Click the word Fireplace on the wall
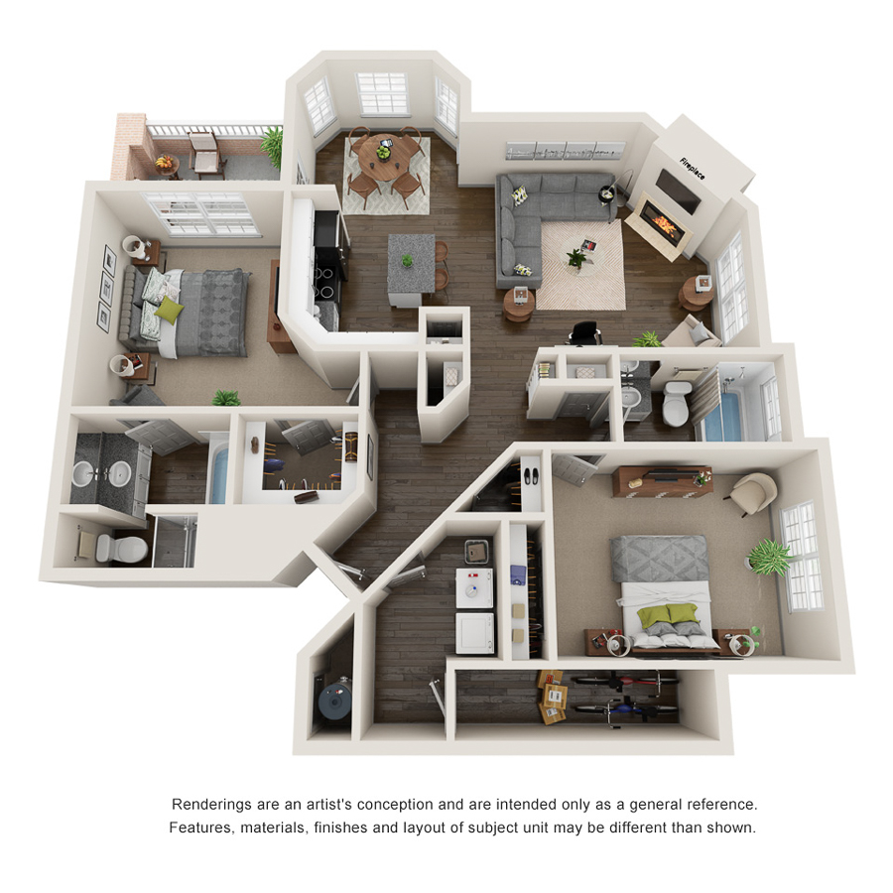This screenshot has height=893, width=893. click(x=692, y=169)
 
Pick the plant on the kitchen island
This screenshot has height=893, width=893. click(x=406, y=261)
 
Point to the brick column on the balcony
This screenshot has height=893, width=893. click(x=128, y=146)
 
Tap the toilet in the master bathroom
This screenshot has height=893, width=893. click(x=126, y=545)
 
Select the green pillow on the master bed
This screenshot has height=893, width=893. click(x=170, y=311)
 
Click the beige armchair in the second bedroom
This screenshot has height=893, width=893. click(x=751, y=493)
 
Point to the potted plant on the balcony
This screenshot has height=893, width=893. click(x=271, y=145)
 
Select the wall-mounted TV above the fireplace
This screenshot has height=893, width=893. click(x=678, y=186)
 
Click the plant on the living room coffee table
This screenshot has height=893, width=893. click(x=576, y=257)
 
